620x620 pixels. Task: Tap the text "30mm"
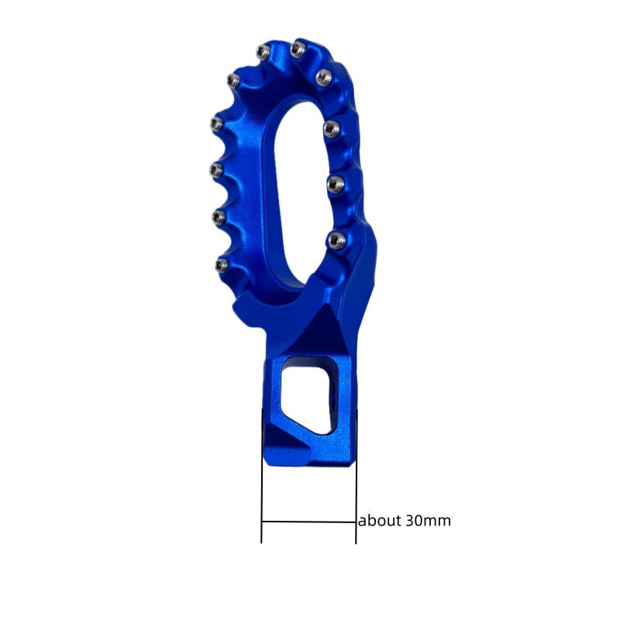click(427, 521)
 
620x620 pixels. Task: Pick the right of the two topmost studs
click(296, 50)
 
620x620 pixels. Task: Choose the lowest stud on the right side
click(334, 239)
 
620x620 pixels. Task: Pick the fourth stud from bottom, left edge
click(217, 122)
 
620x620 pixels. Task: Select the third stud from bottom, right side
click(331, 126)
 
